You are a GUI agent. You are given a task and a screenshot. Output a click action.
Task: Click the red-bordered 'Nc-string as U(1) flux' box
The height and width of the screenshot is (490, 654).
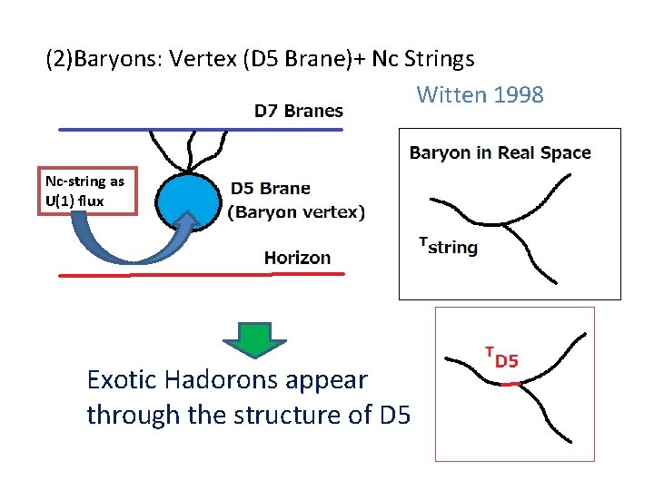click(x=85, y=191)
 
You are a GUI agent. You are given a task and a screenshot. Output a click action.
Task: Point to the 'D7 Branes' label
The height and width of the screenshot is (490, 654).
click(x=298, y=111)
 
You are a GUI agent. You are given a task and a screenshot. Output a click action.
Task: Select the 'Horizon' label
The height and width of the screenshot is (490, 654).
click(x=297, y=258)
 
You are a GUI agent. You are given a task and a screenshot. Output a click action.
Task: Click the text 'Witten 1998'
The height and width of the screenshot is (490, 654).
click(x=480, y=94)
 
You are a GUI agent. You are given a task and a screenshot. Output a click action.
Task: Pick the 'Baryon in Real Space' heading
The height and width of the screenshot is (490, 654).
click(x=500, y=152)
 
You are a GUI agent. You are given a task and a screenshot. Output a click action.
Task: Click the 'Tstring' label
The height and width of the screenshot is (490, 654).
click(x=448, y=247)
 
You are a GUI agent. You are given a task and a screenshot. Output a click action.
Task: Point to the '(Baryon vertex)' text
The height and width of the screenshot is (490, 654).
click(x=296, y=212)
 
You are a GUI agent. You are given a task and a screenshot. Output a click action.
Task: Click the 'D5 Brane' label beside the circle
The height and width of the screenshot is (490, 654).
click(x=270, y=189)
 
